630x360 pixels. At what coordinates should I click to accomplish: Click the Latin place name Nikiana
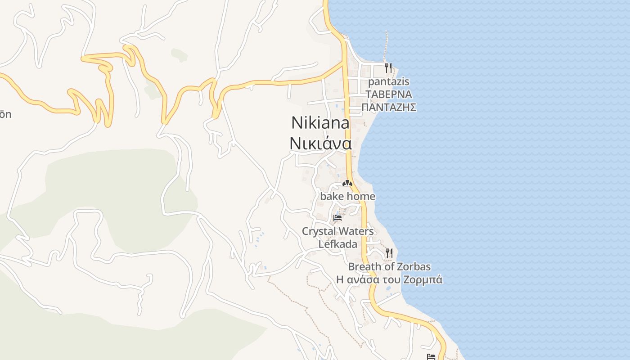[x=320, y=123]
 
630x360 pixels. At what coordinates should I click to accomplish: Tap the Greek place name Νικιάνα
[x=320, y=143]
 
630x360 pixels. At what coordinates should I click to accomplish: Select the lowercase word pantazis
[x=389, y=82]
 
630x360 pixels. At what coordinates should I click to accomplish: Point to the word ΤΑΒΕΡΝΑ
[x=389, y=94]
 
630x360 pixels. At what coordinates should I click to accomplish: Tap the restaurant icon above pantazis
[x=388, y=68]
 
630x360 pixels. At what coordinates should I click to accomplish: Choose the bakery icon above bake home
[x=346, y=183]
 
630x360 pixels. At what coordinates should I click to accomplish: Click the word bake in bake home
[x=332, y=197]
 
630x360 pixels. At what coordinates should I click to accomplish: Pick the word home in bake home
[x=361, y=197]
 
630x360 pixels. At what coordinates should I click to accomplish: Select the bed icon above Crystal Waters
[x=337, y=218]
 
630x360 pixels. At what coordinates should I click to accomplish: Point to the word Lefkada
[x=337, y=244]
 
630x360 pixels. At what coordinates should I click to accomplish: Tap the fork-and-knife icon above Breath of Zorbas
[x=389, y=253]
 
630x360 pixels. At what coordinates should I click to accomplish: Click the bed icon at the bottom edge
[x=431, y=356]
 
